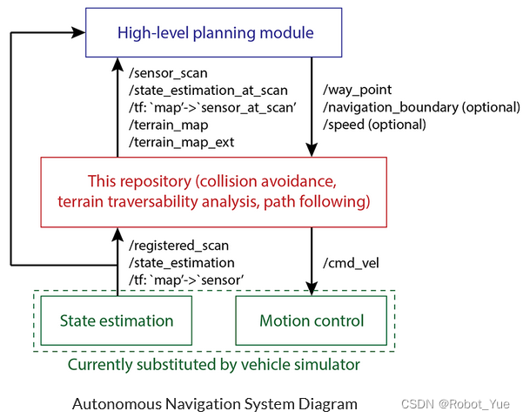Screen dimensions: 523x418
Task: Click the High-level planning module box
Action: click(214, 32)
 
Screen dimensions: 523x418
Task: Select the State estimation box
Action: click(117, 320)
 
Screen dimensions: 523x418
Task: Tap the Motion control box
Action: click(312, 320)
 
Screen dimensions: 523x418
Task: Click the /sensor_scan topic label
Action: click(168, 73)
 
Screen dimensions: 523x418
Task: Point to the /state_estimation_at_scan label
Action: click(208, 91)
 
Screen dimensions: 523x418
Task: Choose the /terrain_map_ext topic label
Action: click(182, 143)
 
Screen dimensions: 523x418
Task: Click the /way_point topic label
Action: click(358, 91)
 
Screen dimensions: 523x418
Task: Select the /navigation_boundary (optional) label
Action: click(421, 107)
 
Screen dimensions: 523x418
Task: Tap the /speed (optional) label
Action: click(374, 125)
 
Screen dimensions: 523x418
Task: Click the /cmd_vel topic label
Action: click(351, 263)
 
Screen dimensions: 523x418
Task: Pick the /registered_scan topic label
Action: click(178, 246)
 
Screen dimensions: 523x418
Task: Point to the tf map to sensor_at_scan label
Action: click(213, 108)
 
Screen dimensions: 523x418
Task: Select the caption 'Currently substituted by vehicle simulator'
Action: click(214, 364)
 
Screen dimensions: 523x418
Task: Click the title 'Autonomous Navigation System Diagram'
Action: click(215, 404)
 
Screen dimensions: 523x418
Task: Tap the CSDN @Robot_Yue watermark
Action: click(455, 404)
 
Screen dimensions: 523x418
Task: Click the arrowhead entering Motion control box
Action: click(312, 289)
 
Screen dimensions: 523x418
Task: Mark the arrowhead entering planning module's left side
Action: click(78, 32)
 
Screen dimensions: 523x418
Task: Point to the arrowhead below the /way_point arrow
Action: click(312, 151)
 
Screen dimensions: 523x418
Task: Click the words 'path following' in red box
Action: click(317, 202)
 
